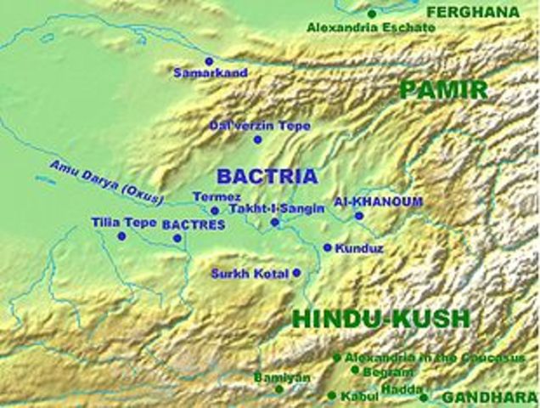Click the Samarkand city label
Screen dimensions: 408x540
pos(211,73)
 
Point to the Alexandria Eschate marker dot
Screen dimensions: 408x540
pos(371,14)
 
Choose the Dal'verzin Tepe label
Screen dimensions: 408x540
pos(260,126)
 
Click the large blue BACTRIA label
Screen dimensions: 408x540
pos(267,177)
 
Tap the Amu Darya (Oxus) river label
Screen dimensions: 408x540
pos(106,182)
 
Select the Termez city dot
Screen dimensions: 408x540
pos(215,211)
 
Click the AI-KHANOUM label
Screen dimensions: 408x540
pos(366,201)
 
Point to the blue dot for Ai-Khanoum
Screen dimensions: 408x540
pos(358,216)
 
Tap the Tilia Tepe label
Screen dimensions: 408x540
pos(124,223)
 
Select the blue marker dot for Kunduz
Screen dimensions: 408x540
pos(327,247)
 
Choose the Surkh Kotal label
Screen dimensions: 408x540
pos(250,274)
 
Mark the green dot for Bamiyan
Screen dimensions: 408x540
pos(279,389)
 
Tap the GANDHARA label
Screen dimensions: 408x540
pos(490,398)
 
